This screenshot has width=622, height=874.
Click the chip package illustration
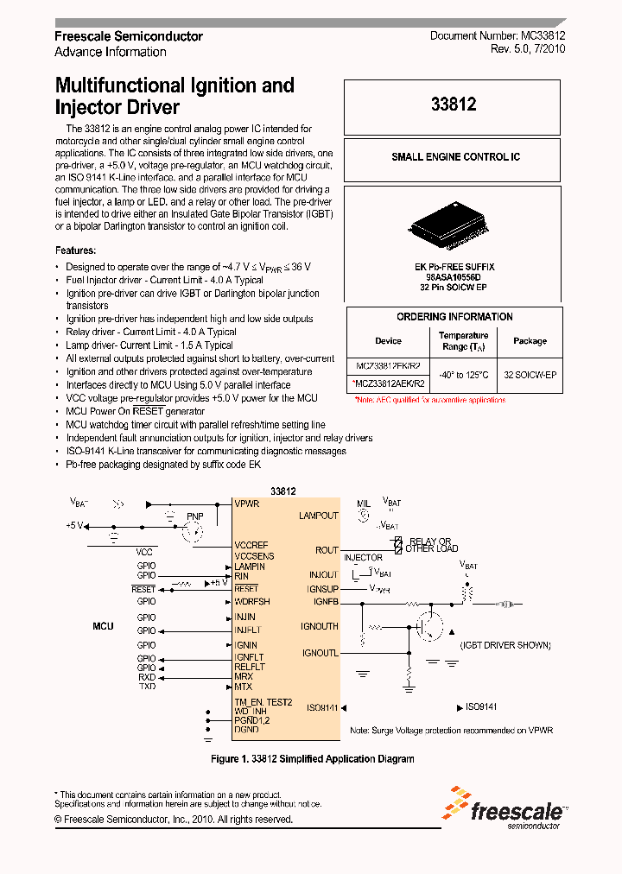[454, 225]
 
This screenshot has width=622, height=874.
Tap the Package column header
[530, 341]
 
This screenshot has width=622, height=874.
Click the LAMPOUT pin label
[318, 516]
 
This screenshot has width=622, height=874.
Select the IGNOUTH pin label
[320, 626]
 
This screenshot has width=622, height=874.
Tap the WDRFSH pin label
[252, 601]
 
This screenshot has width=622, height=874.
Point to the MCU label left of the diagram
[103, 625]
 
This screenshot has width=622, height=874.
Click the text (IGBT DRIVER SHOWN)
[505, 645]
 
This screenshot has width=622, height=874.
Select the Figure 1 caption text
[313, 759]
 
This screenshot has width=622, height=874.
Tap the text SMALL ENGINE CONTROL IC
[455, 157]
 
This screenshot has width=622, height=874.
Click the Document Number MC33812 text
[498, 36]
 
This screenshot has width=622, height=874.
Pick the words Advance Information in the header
[111, 52]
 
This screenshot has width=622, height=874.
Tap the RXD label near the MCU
[147, 677]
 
